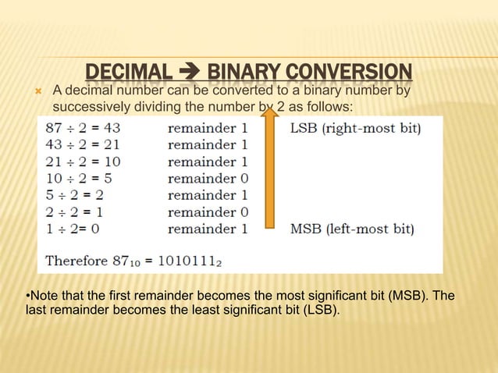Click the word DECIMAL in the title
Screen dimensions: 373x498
pos(128,74)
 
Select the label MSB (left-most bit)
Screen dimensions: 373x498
pos(352,229)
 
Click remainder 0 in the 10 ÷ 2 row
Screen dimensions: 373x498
pos(208,178)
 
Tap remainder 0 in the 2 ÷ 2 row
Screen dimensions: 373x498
pos(208,212)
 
